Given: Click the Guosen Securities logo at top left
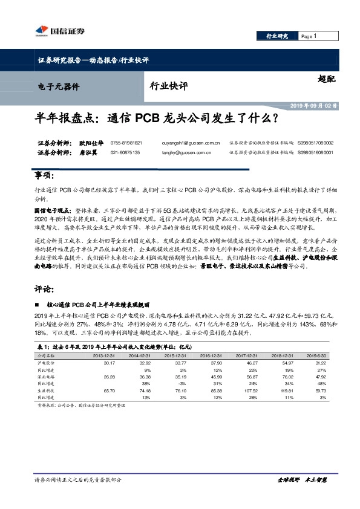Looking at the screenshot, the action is coord(57,31).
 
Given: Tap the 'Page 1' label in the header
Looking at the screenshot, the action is coord(309,36).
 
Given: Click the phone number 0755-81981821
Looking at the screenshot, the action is coord(126,143).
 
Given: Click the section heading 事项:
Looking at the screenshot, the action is coord(44,176).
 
